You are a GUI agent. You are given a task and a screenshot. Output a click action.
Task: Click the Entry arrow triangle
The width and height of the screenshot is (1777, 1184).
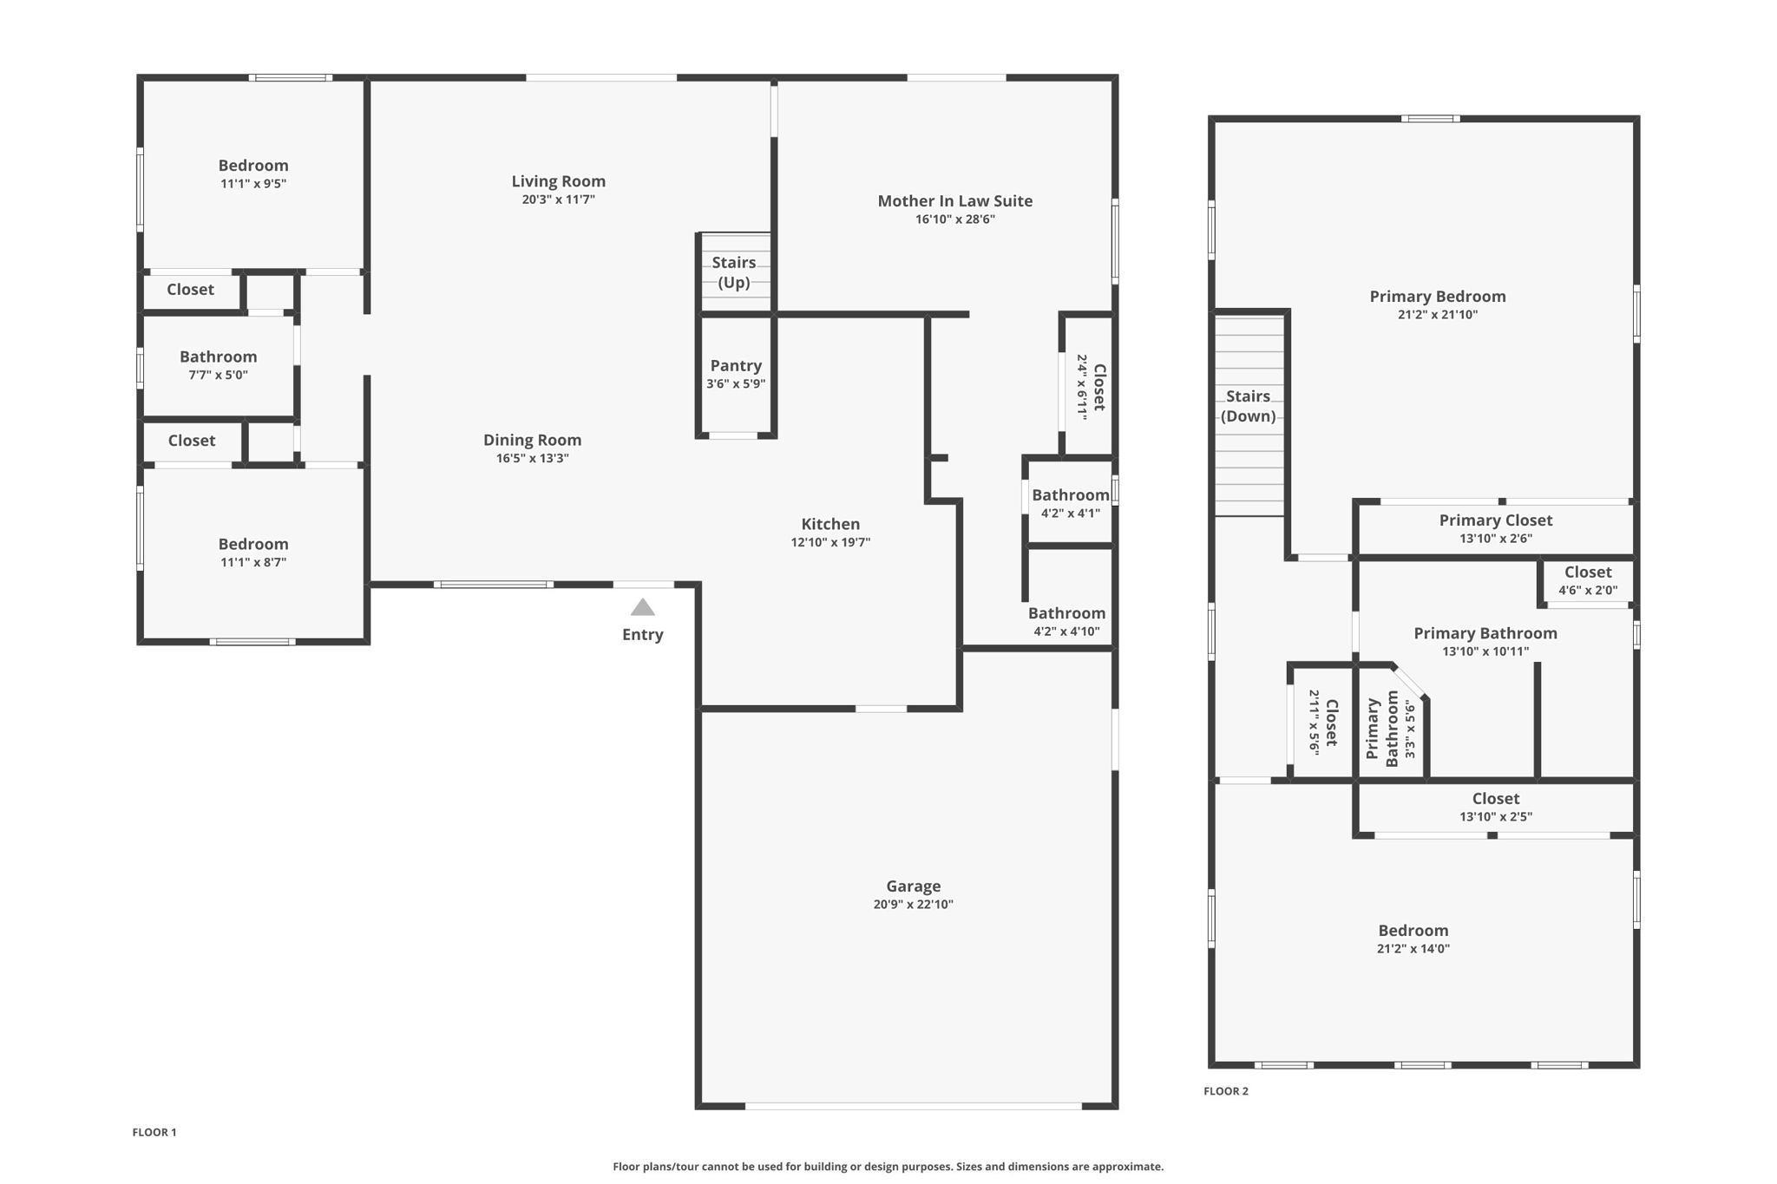point(642,607)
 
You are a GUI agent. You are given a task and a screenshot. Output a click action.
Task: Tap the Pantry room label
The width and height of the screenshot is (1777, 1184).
point(736,366)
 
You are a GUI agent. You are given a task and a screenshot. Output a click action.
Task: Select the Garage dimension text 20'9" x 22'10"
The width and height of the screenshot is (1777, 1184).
point(914,904)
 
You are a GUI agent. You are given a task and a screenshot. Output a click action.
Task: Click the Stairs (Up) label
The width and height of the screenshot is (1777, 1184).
point(734,272)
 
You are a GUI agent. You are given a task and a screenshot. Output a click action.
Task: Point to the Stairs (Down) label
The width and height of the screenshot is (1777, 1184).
point(1249,406)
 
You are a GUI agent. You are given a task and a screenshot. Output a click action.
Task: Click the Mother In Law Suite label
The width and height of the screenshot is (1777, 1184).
point(955,201)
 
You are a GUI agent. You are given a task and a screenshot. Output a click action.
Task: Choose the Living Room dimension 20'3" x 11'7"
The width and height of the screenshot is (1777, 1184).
point(559,200)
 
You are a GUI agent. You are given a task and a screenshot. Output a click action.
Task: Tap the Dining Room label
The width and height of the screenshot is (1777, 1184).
point(533,441)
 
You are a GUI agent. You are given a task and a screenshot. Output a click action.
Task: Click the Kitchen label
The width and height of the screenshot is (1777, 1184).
point(830,524)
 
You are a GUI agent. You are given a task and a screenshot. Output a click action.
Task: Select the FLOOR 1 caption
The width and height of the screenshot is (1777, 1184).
point(154,1132)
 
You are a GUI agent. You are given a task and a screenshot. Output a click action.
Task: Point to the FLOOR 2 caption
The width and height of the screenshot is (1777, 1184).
point(1226,1091)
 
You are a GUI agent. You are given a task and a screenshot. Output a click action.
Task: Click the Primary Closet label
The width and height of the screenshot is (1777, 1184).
point(1496,520)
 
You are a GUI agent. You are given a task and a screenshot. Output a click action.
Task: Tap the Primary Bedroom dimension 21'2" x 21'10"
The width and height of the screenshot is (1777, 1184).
point(1438,315)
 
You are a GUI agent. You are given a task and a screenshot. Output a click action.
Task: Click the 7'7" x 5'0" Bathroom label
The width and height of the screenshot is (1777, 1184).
point(219,357)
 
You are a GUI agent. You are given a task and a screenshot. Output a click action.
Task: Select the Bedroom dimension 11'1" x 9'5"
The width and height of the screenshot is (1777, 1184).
point(253,184)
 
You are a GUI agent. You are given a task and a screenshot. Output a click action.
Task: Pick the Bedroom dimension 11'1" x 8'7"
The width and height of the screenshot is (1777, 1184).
point(253,562)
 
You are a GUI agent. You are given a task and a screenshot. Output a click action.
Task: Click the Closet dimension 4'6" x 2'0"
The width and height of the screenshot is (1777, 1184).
point(1588,591)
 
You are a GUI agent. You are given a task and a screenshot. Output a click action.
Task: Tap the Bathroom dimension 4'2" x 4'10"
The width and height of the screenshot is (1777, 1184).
point(1066,631)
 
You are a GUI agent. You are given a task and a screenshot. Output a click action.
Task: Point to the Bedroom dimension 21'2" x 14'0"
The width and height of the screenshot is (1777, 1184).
point(1413,949)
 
